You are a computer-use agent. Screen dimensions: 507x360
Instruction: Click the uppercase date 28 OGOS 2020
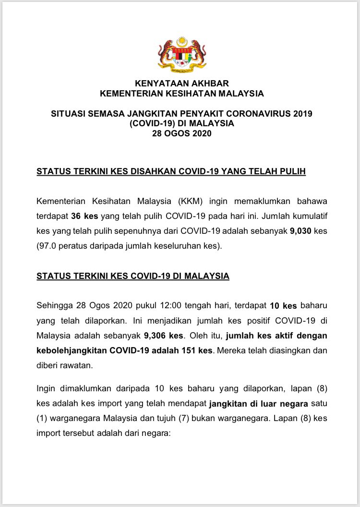[181, 134]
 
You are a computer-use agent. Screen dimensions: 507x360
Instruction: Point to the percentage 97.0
[51, 245]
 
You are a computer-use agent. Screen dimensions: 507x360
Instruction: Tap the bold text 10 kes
[283, 305]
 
